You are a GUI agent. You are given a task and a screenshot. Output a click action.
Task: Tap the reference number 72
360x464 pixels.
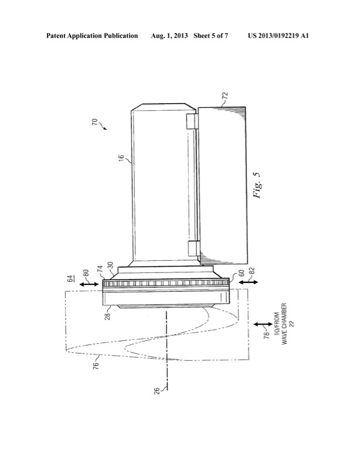click(225, 95)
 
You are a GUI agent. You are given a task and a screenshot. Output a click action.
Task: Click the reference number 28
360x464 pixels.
click(108, 316)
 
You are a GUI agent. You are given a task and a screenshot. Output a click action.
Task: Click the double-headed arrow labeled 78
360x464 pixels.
click(259, 325)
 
